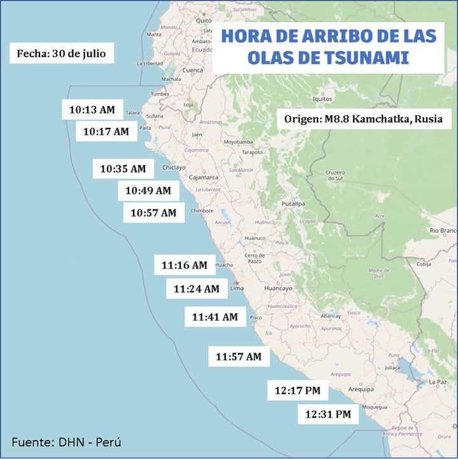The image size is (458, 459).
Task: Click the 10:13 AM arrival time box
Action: click(92, 109)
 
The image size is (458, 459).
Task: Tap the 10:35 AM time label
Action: click(123, 169)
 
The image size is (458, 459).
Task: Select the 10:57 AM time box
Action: click(153, 213)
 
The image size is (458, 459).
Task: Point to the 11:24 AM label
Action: click(197, 288)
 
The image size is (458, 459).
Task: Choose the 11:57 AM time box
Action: click(239, 357)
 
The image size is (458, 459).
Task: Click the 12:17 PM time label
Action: click(297, 390)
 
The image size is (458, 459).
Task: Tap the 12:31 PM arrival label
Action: click(328, 414)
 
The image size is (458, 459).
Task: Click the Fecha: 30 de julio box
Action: click(62, 53)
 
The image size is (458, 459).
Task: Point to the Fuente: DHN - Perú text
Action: click(66, 442)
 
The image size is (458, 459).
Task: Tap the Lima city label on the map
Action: click(237, 288)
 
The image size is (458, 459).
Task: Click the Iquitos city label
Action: click(323, 99)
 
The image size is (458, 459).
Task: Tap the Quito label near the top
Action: click(204, 20)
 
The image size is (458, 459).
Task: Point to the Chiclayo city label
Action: click(174, 167)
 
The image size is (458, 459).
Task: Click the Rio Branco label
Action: click(443, 230)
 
